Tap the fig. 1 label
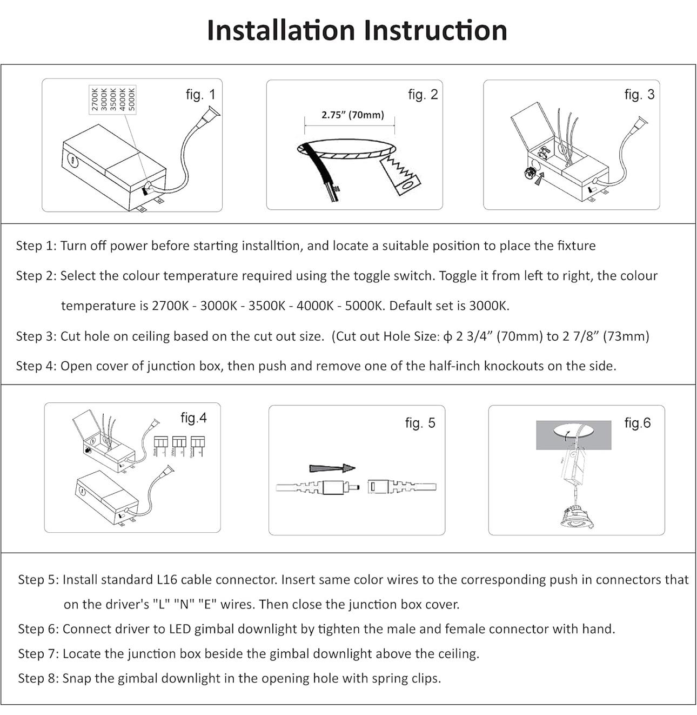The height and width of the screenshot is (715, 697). (x=200, y=94)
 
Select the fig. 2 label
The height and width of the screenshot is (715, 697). (x=423, y=94)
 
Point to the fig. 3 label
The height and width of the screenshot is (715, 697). (x=639, y=94)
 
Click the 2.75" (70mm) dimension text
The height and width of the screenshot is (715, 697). (x=352, y=115)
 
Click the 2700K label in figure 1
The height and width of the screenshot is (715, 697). (x=95, y=100)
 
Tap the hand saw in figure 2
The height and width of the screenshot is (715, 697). (x=401, y=174)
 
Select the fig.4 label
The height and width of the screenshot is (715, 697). (x=193, y=418)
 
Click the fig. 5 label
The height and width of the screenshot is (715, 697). (x=420, y=423)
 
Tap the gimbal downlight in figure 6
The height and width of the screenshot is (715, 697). (x=575, y=517)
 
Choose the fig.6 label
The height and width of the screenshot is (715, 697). (x=638, y=423)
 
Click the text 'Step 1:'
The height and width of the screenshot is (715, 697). (x=36, y=246)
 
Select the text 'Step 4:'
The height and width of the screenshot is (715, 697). (x=36, y=366)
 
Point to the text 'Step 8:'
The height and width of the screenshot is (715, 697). (x=38, y=678)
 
